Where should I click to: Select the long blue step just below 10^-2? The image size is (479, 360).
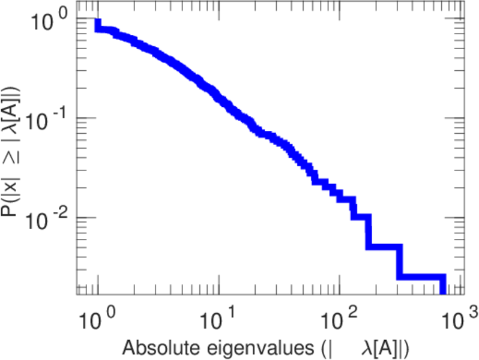pos(384,247)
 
